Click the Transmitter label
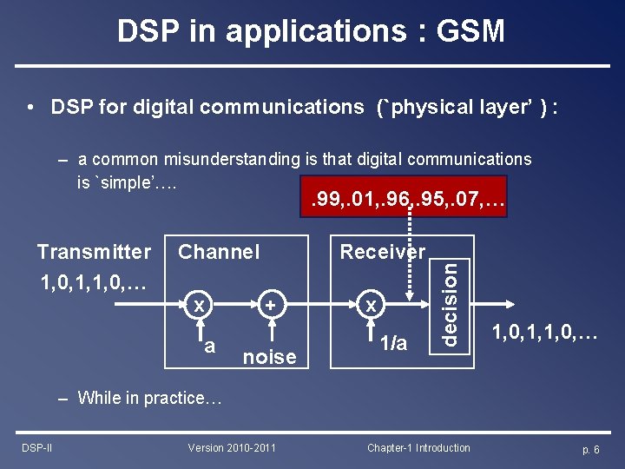[x=94, y=252]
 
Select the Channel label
[x=219, y=252]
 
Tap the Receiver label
[x=382, y=252]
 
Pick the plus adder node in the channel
[x=272, y=306]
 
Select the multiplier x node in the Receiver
[x=372, y=306]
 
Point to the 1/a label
[x=394, y=343]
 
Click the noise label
[x=270, y=356]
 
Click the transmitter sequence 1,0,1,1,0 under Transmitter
[x=92, y=284]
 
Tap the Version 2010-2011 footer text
[x=232, y=447]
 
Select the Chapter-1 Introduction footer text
[x=418, y=447]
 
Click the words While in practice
[x=149, y=399]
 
